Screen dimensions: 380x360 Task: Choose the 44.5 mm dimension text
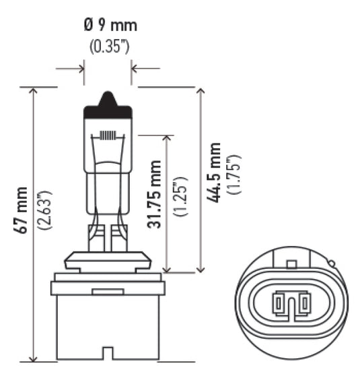tap(215, 174)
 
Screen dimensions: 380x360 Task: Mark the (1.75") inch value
tap(235, 175)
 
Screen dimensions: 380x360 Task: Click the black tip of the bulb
tap(108, 100)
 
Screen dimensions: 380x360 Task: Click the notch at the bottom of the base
tap(107, 353)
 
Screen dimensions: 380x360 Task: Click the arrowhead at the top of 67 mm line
tap(33, 91)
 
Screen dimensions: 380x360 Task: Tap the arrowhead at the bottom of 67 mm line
tap(33, 358)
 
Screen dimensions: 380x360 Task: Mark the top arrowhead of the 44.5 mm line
tap(199, 91)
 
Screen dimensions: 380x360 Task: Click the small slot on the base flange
tap(102, 290)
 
